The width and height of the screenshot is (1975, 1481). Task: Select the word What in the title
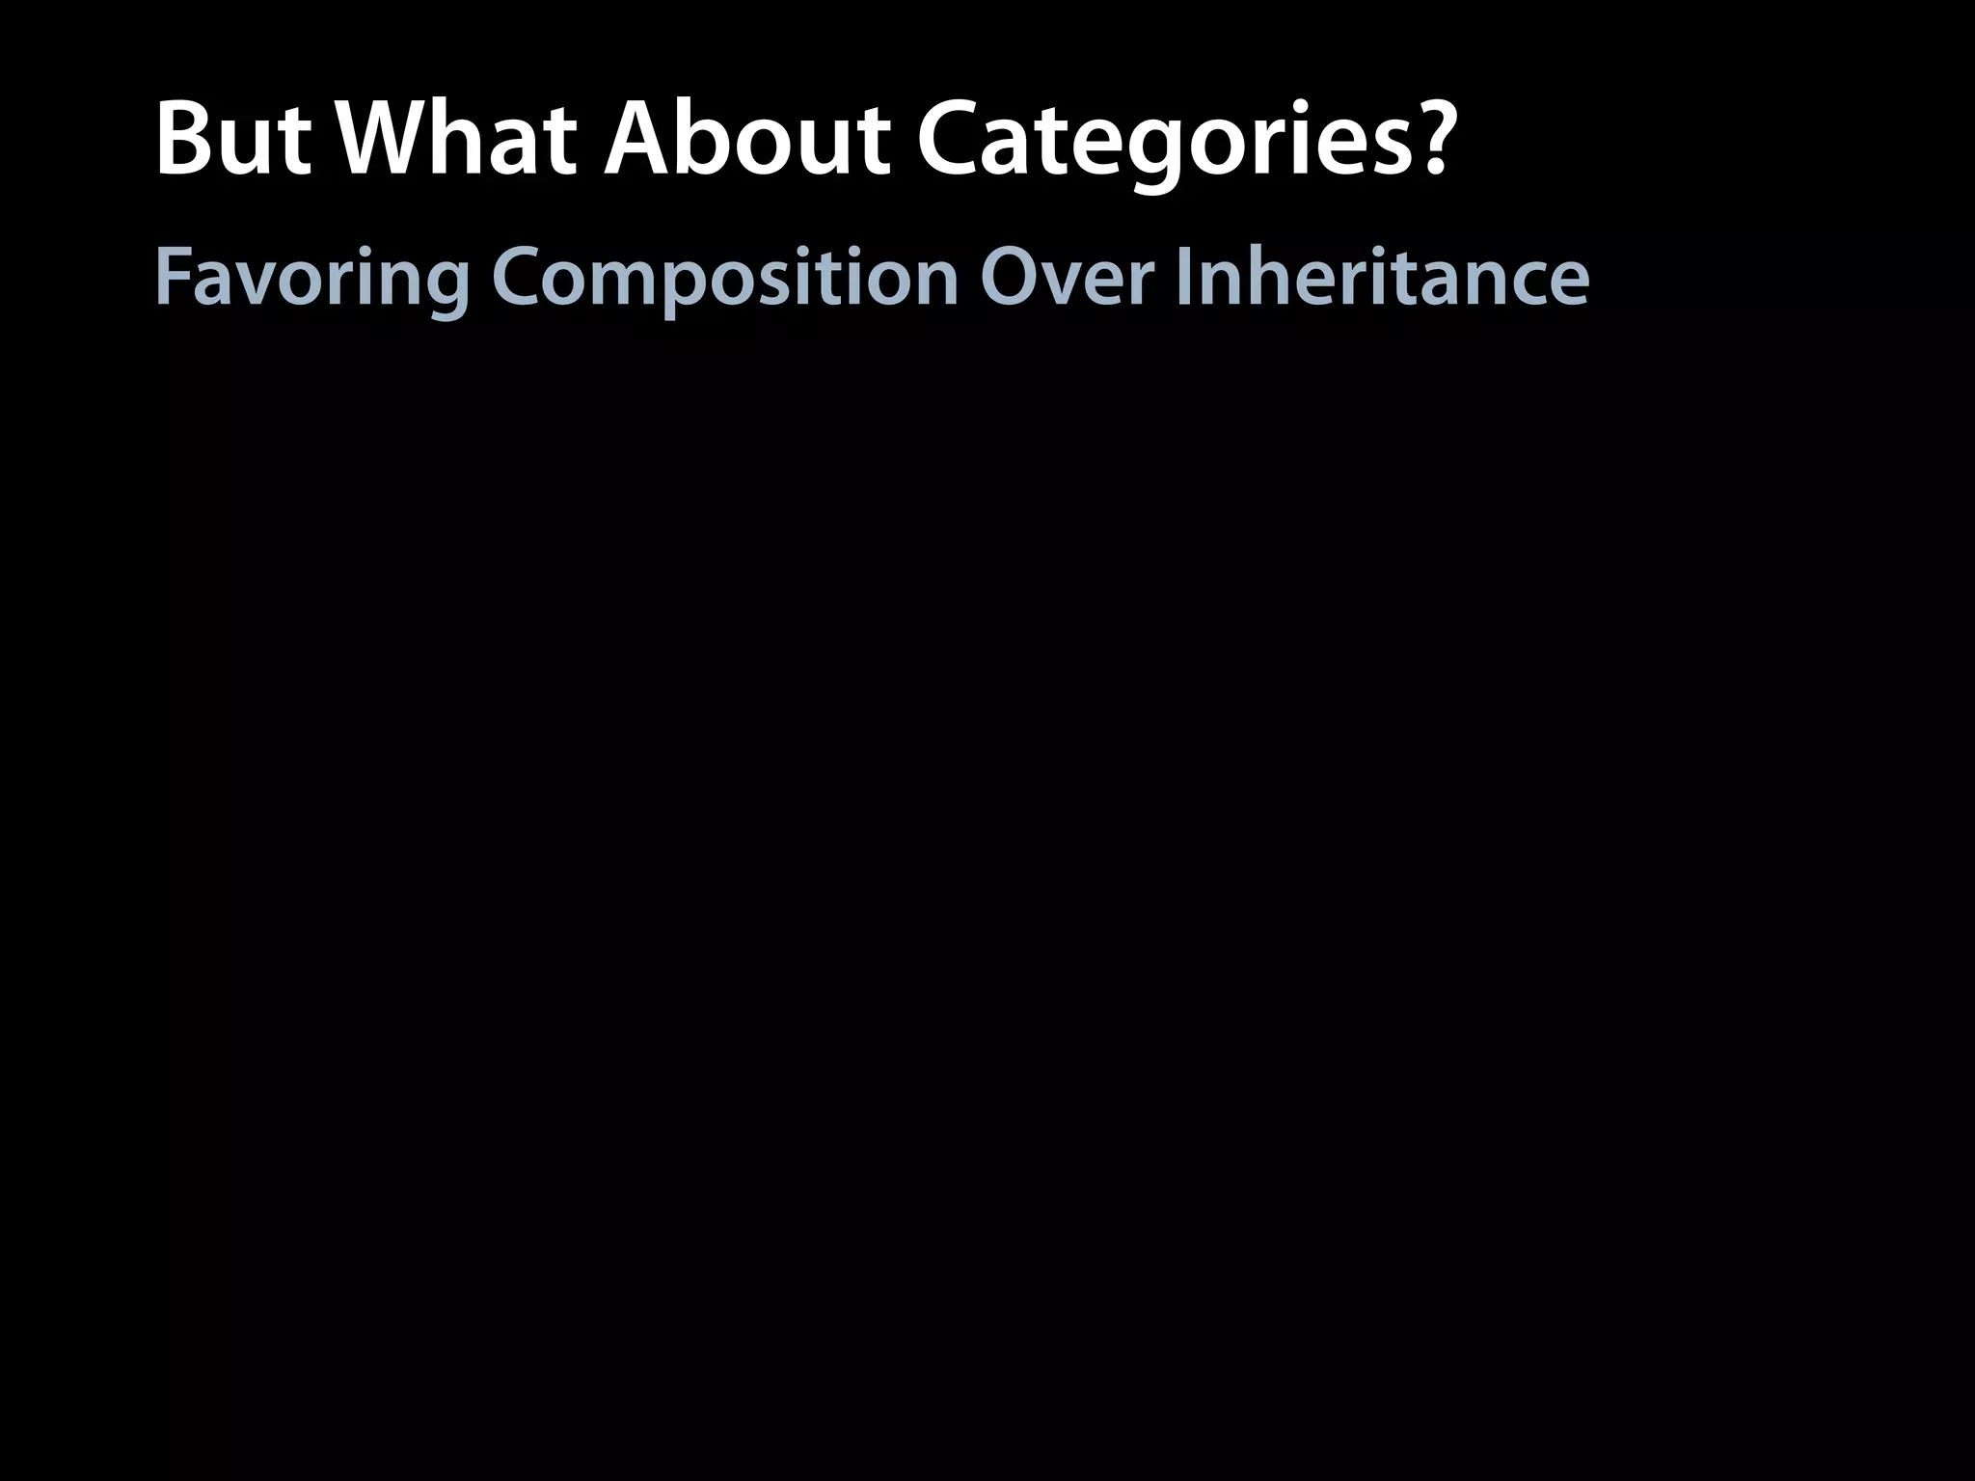coord(457,141)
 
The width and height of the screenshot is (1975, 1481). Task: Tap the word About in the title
coord(746,141)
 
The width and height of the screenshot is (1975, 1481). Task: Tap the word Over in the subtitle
coord(1067,278)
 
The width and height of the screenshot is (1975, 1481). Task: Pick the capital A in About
coord(640,141)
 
